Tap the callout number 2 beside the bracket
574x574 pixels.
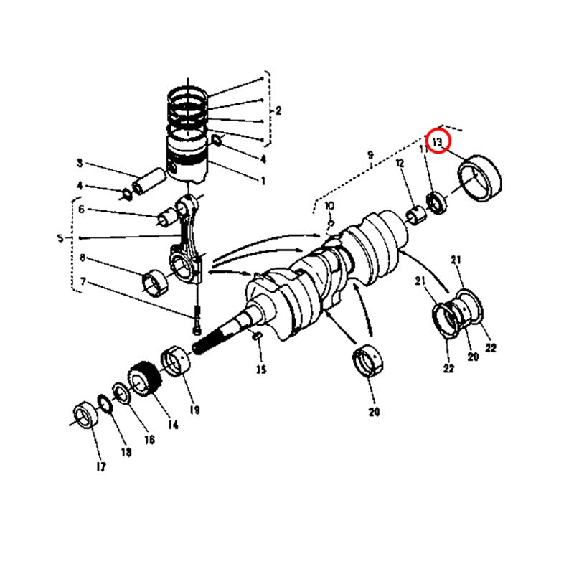[x=278, y=110]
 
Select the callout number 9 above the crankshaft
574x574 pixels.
[x=370, y=155]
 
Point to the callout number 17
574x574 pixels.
[x=101, y=467]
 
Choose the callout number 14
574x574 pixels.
[x=173, y=425]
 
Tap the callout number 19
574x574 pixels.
[x=194, y=410]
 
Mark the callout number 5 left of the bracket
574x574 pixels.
[x=60, y=238]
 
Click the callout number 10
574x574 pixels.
[x=329, y=206]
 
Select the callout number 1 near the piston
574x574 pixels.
[x=263, y=181]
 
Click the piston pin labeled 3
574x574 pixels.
[x=149, y=181]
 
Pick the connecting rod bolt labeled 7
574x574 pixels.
[x=197, y=319]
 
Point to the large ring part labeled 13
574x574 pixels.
[x=480, y=178]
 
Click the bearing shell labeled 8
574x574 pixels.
[x=155, y=283]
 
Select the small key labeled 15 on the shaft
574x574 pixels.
[x=257, y=335]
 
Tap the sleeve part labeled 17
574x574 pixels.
[x=85, y=415]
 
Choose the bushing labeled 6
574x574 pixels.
[x=168, y=217]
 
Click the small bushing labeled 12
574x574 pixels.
[x=416, y=215]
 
